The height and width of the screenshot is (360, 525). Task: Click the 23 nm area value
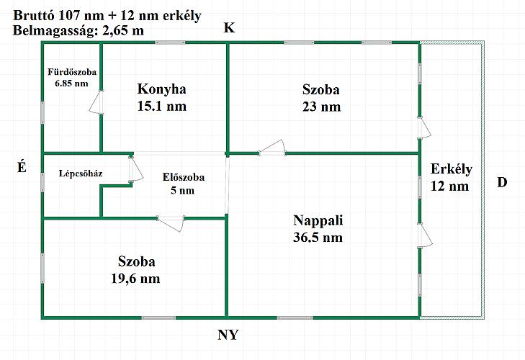(x=321, y=107)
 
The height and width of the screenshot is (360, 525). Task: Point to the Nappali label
(x=318, y=220)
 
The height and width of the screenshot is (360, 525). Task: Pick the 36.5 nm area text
(x=318, y=237)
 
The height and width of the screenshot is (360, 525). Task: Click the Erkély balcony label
(x=451, y=170)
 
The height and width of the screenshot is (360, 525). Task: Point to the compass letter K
(x=229, y=28)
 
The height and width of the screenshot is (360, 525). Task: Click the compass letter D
(x=502, y=182)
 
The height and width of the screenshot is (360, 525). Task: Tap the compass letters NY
(x=228, y=336)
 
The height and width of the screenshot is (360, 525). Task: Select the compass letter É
(x=22, y=167)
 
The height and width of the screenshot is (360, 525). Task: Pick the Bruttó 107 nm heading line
(x=107, y=15)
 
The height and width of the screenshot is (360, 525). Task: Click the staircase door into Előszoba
(x=133, y=169)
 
